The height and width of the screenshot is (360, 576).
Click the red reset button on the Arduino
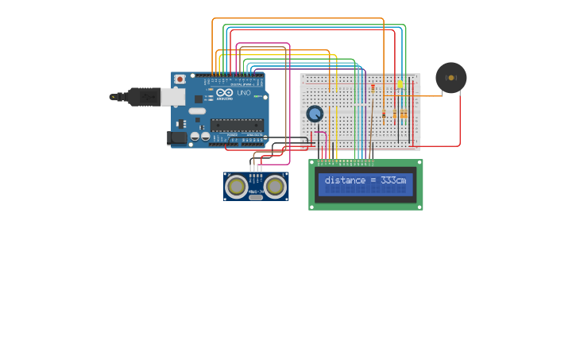[180, 79]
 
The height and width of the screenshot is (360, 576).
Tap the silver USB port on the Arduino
[172, 97]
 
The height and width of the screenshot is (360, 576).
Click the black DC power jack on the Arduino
[177, 137]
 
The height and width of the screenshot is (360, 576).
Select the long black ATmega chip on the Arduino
[237, 124]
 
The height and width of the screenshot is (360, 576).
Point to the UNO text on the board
[243, 93]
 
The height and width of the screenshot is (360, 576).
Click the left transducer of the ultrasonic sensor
[236, 186]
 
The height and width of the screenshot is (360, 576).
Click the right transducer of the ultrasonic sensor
[275, 186]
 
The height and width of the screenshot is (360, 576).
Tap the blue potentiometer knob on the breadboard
[315, 114]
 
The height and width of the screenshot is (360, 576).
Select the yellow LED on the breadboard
[400, 83]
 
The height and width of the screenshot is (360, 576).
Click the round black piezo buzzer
[450, 78]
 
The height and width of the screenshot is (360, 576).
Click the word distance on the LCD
[345, 180]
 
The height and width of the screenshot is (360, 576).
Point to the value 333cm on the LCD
[393, 180]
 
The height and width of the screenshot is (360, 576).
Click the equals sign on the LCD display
[373, 180]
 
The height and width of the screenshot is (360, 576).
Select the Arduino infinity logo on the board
[222, 93]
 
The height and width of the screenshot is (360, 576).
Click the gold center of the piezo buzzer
[451, 78]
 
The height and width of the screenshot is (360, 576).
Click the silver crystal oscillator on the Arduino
[197, 110]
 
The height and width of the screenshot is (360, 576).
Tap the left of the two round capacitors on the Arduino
[194, 137]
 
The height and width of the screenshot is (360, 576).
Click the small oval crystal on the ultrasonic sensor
[256, 197]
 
